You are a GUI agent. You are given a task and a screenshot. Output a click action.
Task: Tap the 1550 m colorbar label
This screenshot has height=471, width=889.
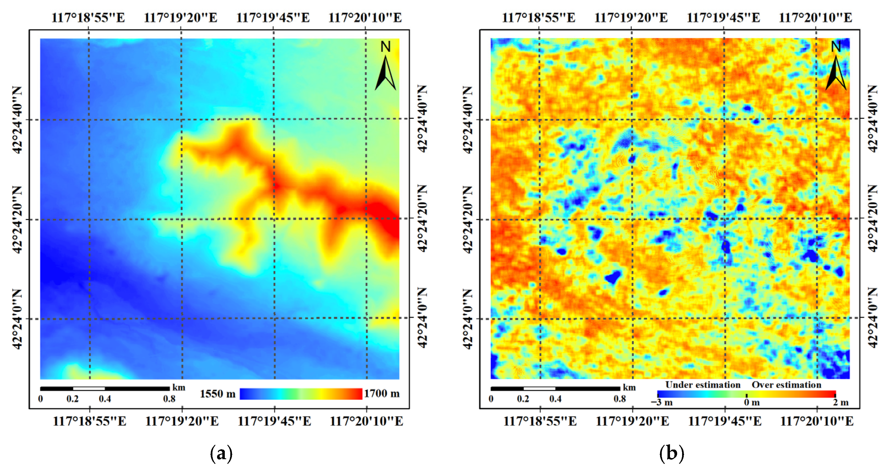pyautogui.click(x=217, y=394)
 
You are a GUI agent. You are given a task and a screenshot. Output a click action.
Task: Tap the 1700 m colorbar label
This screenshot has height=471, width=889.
pyautogui.click(x=382, y=393)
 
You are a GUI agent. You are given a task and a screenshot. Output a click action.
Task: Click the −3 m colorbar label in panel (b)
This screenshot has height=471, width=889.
pyautogui.click(x=661, y=402)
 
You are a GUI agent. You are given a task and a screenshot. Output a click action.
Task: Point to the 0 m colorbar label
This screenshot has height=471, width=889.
pyautogui.click(x=752, y=402)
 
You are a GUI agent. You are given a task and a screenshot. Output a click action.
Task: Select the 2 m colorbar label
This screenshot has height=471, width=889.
pyautogui.click(x=840, y=402)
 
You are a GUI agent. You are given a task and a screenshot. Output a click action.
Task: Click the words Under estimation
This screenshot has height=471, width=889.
pyautogui.click(x=703, y=385)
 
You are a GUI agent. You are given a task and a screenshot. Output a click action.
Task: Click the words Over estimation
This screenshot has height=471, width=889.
pyautogui.click(x=786, y=385)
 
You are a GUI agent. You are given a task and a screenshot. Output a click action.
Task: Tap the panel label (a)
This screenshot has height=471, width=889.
pyautogui.click(x=221, y=454)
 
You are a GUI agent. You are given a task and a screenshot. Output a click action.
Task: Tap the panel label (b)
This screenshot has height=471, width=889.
pyautogui.click(x=671, y=454)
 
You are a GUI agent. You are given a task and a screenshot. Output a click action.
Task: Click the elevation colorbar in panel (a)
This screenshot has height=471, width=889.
pyautogui.click(x=301, y=394)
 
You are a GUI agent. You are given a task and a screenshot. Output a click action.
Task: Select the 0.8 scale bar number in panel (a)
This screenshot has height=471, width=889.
pyautogui.click(x=169, y=399)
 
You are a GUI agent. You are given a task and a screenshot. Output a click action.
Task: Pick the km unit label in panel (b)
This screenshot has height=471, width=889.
pyautogui.click(x=629, y=387)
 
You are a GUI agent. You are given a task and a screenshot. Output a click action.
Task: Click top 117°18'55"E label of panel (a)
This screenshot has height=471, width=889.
pyautogui.click(x=88, y=18)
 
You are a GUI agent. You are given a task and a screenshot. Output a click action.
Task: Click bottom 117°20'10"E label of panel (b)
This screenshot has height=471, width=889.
pyautogui.click(x=817, y=421)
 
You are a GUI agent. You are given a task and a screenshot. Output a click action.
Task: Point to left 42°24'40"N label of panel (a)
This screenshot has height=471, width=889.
pyautogui.click(x=18, y=119)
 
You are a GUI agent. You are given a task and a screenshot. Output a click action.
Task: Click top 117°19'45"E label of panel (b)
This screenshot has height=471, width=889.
pyautogui.click(x=723, y=18)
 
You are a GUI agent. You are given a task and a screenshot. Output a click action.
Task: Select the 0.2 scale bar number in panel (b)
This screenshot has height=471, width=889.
pyautogui.click(x=523, y=399)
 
